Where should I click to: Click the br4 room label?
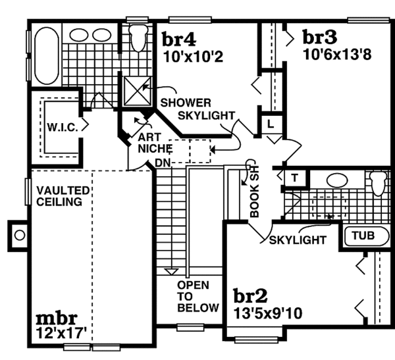(x=178, y=39)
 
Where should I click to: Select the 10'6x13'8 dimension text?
(x=337, y=54)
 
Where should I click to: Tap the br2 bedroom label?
(x=250, y=296)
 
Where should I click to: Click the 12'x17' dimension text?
(x=61, y=333)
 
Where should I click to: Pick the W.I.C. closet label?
(x=63, y=127)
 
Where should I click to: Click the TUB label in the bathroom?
(x=363, y=236)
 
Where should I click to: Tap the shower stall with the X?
(x=138, y=91)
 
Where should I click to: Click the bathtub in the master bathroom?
(x=47, y=56)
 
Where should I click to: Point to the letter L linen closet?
(x=271, y=124)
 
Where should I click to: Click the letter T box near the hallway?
(x=294, y=178)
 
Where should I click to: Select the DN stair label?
(x=163, y=163)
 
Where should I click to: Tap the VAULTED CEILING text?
(x=63, y=196)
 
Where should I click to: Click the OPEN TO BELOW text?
(x=198, y=297)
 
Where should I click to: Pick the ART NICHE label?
(x=155, y=143)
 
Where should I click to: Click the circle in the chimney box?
(x=20, y=236)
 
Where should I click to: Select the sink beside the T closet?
(x=337, y=180)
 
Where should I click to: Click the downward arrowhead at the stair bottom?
(x=171, y=272)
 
